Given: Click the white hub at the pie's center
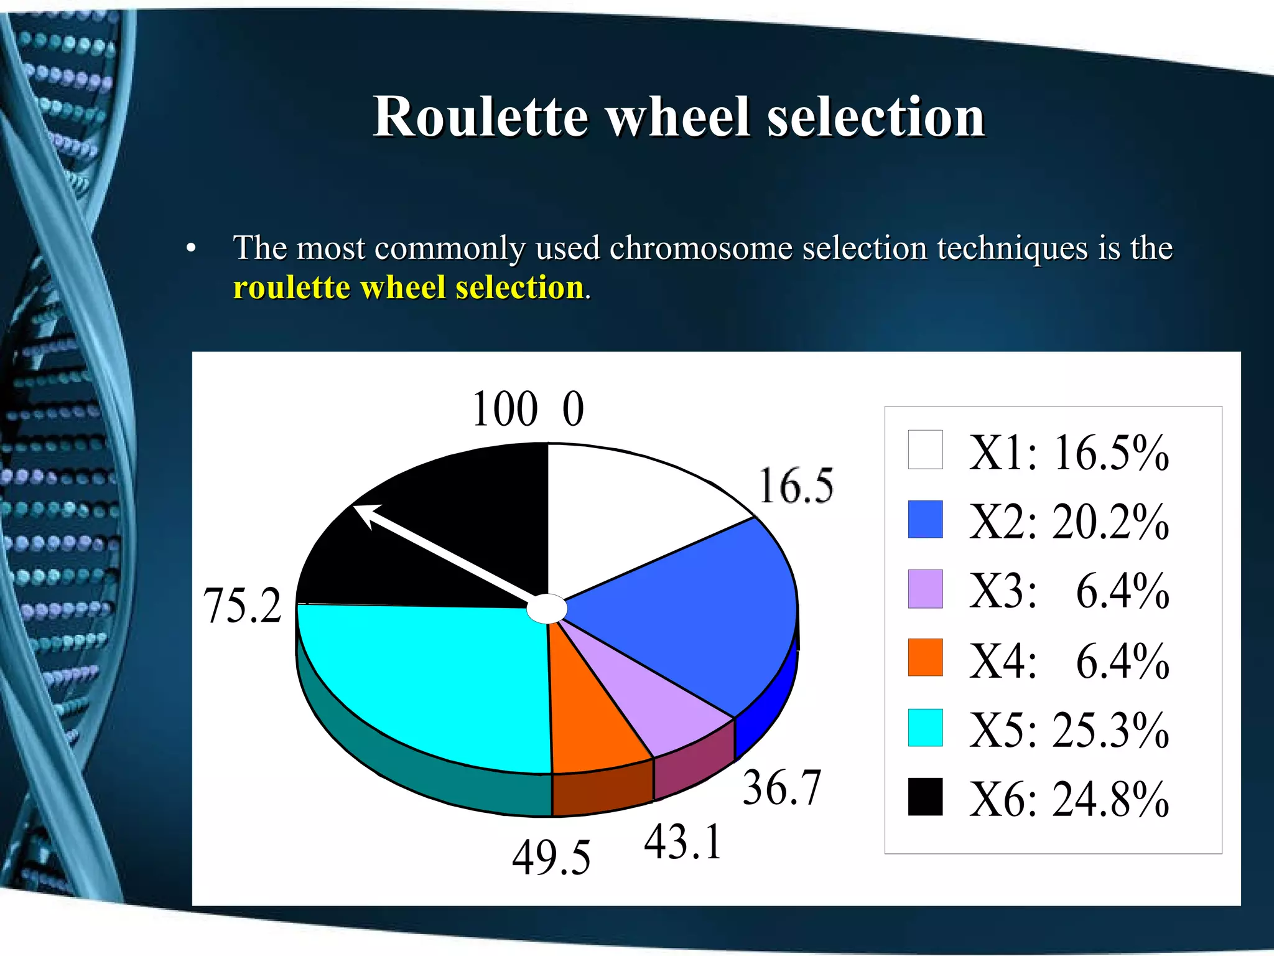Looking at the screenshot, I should point(547,609).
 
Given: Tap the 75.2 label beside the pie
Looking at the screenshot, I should point(243,606).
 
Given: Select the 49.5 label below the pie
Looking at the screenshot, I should point(551,858).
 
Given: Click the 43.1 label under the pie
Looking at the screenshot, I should point(683,842).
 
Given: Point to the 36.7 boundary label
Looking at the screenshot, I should point(782,788).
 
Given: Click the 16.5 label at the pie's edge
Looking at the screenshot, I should point(796,486).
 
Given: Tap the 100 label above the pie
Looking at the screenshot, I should point(505,410).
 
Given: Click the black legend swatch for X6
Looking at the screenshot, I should point(925,797).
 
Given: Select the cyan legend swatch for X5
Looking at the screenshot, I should point(925,727).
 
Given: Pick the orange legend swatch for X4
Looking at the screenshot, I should point(925,657).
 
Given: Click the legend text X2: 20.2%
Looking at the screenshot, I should point(1069,522).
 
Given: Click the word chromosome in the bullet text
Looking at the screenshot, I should point(700,248).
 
